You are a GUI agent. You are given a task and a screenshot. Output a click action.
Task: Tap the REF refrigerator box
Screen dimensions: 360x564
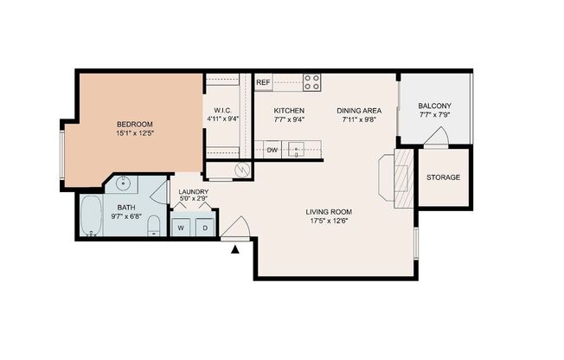(x=263, y=82)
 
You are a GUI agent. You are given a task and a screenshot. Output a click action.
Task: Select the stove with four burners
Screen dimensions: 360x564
(x=311, y=82)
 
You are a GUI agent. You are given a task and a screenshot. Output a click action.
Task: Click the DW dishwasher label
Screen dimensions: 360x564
(x=272, y=150)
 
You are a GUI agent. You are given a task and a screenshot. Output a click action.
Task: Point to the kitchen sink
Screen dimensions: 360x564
(x=297, y=150)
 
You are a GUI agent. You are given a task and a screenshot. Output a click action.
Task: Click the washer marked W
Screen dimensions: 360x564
(x=182, y=228)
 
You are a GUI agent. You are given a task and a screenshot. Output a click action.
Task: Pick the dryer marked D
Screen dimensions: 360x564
(x=205, y=228)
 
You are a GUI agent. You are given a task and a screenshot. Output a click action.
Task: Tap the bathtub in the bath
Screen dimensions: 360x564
(x=91, y=217)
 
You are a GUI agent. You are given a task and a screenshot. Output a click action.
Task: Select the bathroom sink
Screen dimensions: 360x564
(x=123, y=183)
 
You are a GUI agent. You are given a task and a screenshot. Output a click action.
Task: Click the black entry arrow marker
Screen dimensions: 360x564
(x=235, y=250)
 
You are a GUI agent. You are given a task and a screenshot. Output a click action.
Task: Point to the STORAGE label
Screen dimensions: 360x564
(x=443, y=177)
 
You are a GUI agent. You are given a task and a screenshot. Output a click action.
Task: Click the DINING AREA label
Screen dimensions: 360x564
(x=359, y=110)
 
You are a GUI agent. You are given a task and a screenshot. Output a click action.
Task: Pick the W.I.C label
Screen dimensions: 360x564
(x=221, y=110)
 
